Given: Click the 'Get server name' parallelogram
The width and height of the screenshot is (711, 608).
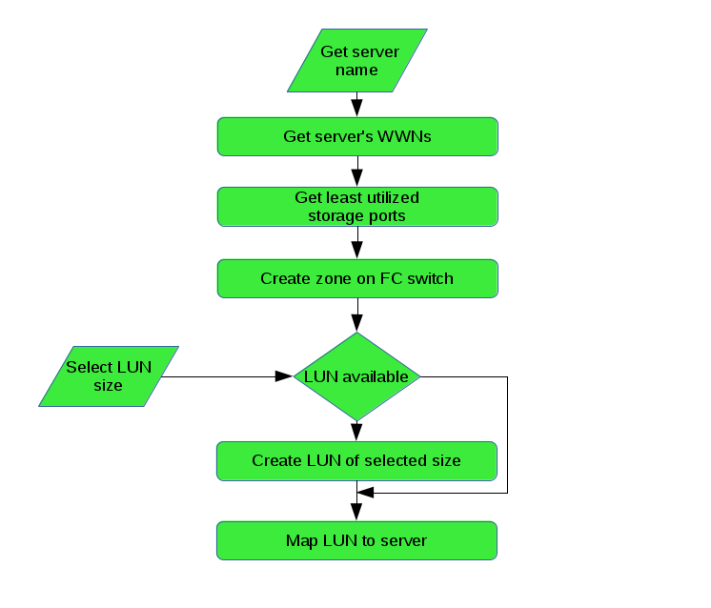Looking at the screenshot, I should pos(357,61).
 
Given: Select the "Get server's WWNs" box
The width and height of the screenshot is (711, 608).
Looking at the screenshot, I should pos(357,136).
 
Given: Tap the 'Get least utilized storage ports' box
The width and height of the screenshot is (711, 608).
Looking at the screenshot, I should pos(357,207).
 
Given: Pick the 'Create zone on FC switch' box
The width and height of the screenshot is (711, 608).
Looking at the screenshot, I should pos(357,278).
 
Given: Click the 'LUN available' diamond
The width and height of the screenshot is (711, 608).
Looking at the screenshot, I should pos(357,376).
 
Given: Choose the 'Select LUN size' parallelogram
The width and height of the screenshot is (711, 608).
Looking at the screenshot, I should pos(109,376).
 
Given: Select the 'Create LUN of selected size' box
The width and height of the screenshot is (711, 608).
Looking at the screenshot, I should pos(357,460).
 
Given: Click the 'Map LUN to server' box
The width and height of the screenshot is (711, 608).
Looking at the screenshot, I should pos(357,540).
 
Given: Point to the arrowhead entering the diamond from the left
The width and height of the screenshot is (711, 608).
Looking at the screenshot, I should pos(283,376).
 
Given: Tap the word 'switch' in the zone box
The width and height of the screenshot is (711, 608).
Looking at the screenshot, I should pos(429,278).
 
